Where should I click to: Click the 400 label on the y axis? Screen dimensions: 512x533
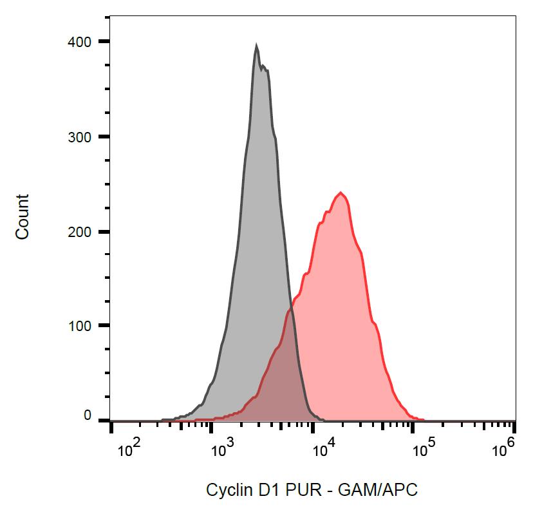click(80, 42)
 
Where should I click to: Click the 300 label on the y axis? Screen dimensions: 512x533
click(80, 137)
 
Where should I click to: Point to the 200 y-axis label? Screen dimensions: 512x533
click(80, 232)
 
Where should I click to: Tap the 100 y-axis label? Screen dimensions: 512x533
click(80, 326)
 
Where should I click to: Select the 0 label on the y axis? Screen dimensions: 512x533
click(88, 416)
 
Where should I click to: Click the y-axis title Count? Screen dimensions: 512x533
click(23, 217)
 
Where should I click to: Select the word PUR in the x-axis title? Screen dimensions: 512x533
click(300, 490)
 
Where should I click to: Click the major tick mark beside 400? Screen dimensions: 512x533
click(104, 42)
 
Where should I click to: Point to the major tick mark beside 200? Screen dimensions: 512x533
click(104, 232)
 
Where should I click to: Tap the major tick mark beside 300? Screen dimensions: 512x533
click(104, 137)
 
